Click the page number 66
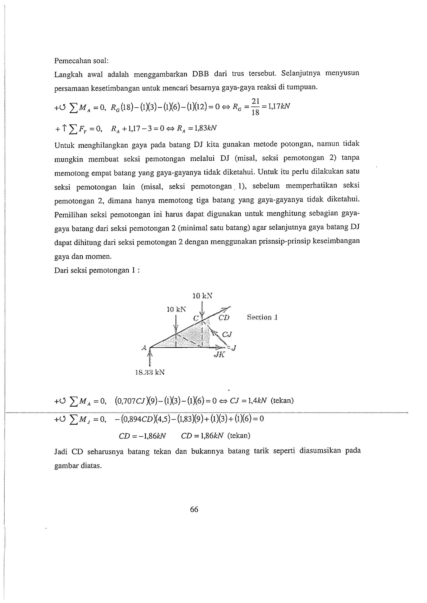(x=194, y=509)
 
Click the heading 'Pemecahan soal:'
(x=81, y=61)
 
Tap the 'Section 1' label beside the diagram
(x=262, y=317)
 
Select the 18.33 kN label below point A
(x=150, y=372)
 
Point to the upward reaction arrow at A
(x=150, y=357)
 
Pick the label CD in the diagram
(x=224, y=318)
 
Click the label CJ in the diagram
(x=227, y=334)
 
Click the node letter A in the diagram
(x=144, y=348)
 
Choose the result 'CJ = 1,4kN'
(x=248, y=401)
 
